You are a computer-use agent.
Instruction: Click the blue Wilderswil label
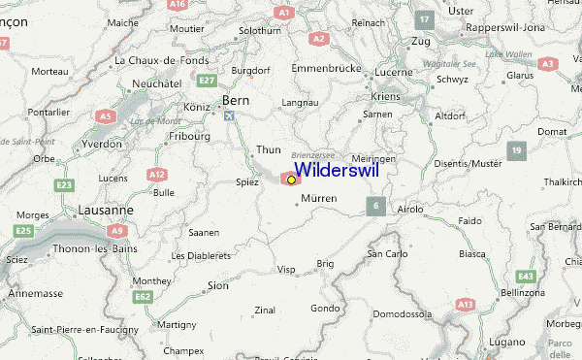point(337,170)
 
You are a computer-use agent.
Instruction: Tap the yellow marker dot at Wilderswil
point(291,180)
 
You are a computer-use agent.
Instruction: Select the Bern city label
point(237,100)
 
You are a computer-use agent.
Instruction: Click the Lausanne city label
point(106,210)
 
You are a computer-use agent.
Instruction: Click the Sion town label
point(218,286)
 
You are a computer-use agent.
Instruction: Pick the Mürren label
point(319,198)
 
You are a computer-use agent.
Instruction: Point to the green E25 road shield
point(24,230)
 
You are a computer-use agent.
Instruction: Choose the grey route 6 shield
point(374,205)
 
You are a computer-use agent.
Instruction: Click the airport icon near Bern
point(230,116)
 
